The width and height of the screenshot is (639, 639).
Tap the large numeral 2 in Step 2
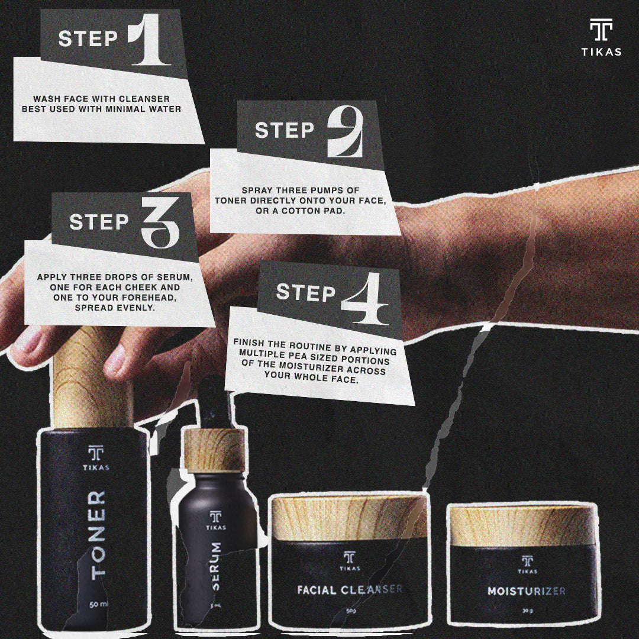[345, 131]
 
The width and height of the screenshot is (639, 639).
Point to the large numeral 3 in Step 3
[160, 222]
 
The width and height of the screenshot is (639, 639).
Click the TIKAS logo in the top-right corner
[601, 37]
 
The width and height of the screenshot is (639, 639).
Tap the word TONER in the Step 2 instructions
[231, 201]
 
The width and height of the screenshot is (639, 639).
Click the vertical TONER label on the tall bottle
[98, 535]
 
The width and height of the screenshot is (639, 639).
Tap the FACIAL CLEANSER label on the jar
[350, 589]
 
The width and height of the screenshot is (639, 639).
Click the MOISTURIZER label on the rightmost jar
[526, 591]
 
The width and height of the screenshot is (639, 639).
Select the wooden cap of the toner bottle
[92, 377]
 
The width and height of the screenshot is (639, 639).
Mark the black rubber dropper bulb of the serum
[214, 404]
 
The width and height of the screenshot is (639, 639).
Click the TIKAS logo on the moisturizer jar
[527, 564]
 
